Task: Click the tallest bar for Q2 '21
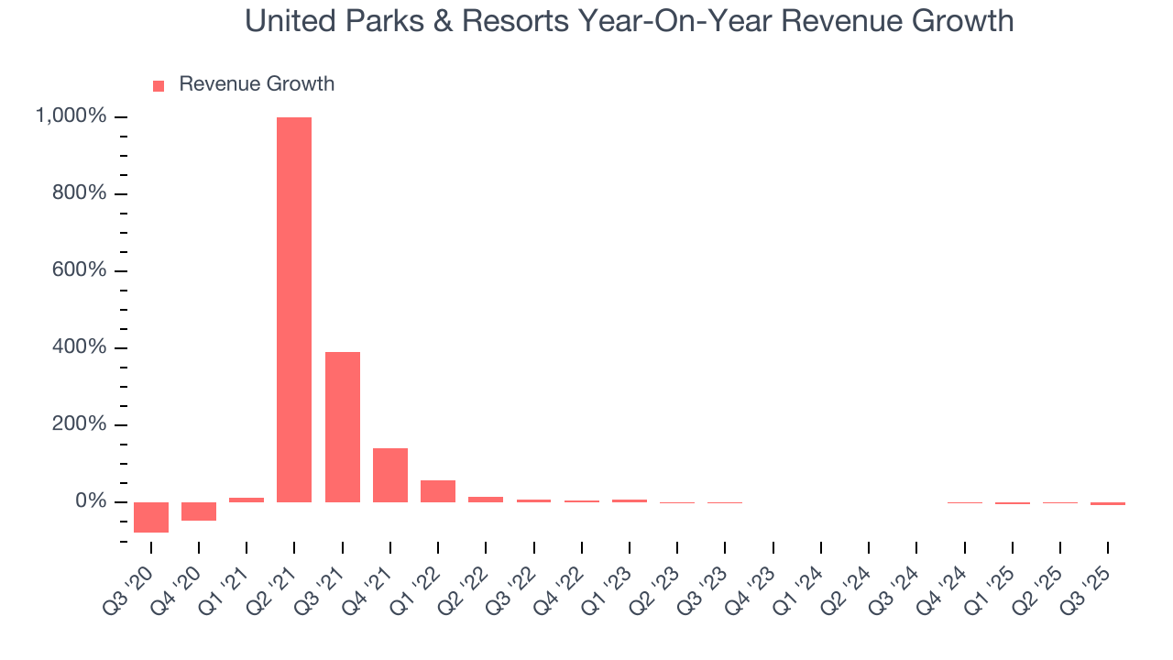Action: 294,310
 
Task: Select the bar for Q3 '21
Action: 343,427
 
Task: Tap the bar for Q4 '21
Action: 390,475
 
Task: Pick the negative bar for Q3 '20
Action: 151,517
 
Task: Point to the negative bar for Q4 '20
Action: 199,511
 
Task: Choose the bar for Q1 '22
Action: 438,491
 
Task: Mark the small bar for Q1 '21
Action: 247,500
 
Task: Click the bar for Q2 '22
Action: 486,500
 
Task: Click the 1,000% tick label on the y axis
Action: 71,116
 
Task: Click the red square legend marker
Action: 159,85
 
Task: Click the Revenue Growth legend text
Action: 257,84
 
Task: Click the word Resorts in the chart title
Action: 518,21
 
